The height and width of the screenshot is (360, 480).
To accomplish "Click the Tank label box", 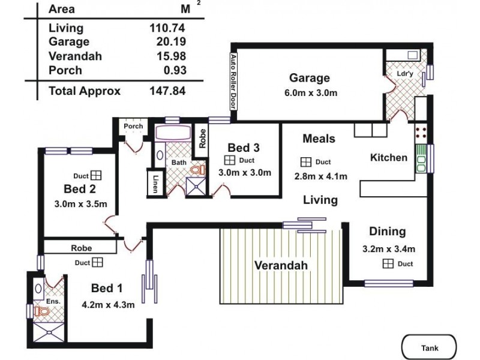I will click(x=430, y=347).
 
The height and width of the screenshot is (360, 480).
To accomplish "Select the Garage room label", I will click(x=310, y=78).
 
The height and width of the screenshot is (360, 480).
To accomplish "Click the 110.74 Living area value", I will click(x=167, y=28).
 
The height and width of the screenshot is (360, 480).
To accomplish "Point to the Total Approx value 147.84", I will click(x=167, y=91).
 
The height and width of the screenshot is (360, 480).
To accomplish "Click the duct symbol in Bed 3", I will click(x=229, y=161).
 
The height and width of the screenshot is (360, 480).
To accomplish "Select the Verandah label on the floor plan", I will click(x=281, y=266).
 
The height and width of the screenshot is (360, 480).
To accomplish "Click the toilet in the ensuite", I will click(x=41, y=311).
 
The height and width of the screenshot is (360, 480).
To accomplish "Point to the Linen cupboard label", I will click(x=155, y=184).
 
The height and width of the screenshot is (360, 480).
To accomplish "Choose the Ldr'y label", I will click(x=405, y=74).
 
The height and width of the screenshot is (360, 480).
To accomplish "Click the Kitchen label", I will click(x=388, y=158).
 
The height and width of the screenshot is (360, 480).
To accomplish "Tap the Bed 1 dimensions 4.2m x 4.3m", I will click(x=108, y=305).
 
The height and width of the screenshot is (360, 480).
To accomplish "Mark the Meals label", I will click(x=319, y=139).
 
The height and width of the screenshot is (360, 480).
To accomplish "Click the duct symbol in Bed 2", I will click(x=96, y=176).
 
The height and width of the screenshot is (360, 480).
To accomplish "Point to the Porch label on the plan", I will click(x=133, y=127).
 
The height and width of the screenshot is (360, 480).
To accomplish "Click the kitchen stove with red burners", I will click(x=420, y=132).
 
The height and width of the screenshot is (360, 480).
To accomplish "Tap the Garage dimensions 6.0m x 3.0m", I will click(x=310, y=93).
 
